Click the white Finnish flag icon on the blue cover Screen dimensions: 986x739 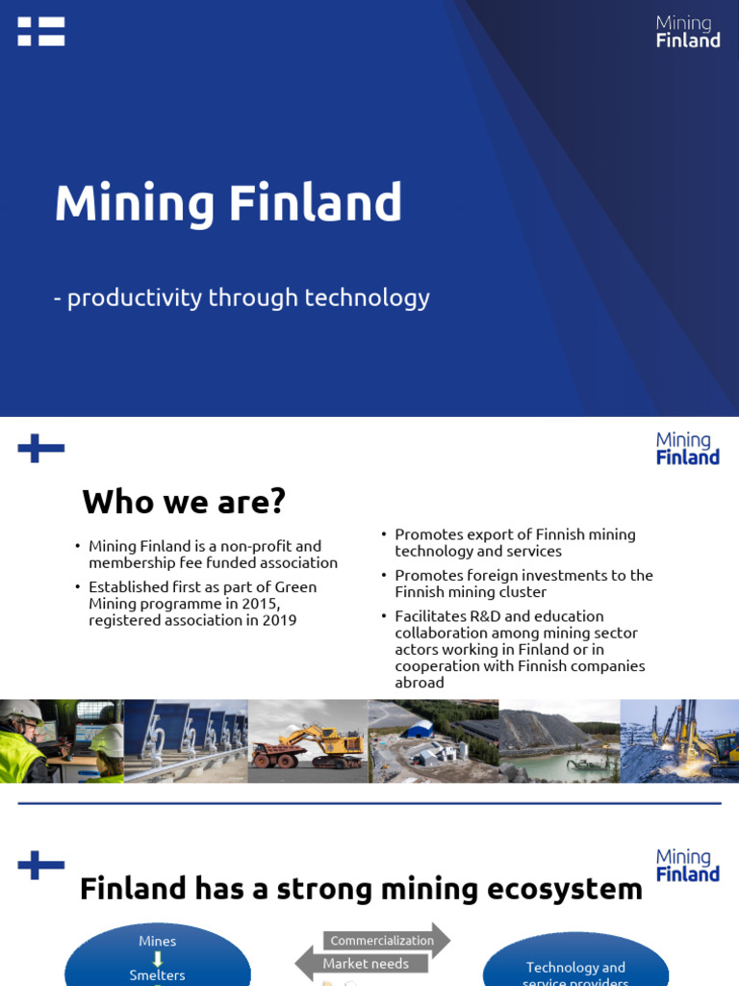tap(41, 31)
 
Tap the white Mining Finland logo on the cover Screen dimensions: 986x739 tap(687, 31)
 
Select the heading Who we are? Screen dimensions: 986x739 tap(184, 501)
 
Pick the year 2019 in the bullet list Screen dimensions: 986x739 tap(277, 620)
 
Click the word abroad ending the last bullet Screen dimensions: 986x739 tap(420, 683)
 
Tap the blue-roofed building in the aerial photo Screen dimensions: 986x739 tap(418, 729)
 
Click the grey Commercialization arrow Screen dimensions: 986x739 tap(383, 941)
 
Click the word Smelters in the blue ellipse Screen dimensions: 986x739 tap(157, 974)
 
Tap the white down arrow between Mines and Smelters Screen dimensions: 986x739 tap(157, 958)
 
